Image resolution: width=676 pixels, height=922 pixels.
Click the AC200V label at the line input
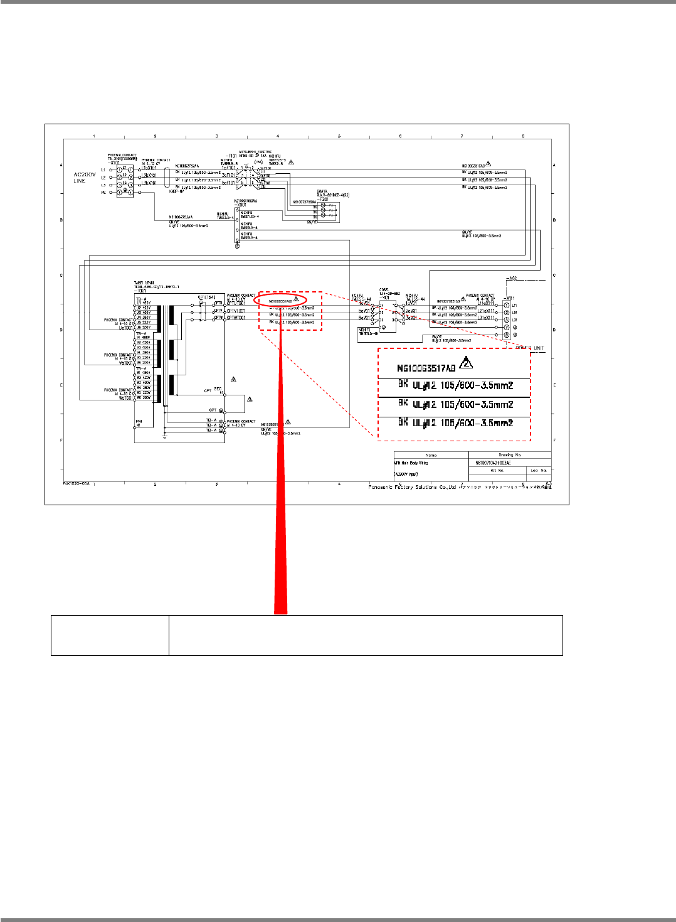(85, 174)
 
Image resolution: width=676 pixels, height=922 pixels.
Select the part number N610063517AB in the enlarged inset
(426, 368)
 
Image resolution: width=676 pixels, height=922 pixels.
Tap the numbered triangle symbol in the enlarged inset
(466, 363)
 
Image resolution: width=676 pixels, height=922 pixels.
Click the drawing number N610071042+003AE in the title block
(494, 463)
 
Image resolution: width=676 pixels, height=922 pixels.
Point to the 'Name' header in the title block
(431, 455)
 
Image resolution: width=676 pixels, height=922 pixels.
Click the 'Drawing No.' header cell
(510, 455)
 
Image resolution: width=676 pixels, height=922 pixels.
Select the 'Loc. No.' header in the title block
(539, 470)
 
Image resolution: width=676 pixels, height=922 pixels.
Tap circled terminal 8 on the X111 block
(507, 335)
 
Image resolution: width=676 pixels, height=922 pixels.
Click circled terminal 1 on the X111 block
(507, 306)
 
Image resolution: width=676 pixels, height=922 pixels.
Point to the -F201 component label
(324, 198)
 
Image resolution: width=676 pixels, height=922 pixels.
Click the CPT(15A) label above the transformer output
(206, 297)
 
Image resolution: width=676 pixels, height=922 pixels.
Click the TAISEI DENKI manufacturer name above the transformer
(144, 283)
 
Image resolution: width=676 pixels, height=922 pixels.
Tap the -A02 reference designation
(511, 278)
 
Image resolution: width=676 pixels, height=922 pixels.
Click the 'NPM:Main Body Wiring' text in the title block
(411, 463)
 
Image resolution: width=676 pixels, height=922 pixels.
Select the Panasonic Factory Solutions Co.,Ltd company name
(411, 487)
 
